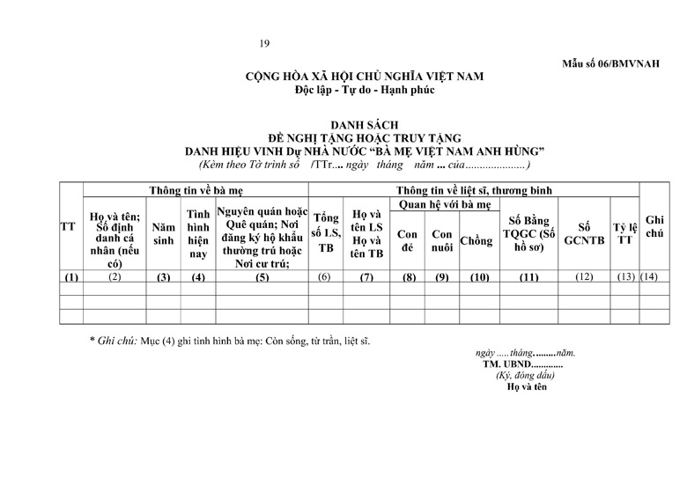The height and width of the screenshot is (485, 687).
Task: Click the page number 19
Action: [265, 44]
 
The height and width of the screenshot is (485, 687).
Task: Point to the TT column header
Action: [68, 227]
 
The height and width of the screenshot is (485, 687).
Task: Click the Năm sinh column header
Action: [163, 233]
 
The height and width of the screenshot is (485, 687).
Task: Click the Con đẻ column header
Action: [408, 241]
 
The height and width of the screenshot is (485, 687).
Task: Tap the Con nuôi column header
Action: [441, 241]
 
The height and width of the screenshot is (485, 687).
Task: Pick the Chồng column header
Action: [476, 241]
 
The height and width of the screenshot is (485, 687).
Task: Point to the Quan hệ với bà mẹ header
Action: [443, 204]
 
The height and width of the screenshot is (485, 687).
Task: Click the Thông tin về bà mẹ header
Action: [195, 189]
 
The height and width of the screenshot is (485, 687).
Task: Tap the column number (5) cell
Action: [262, 278]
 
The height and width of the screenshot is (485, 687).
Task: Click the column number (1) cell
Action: [71, 278]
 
